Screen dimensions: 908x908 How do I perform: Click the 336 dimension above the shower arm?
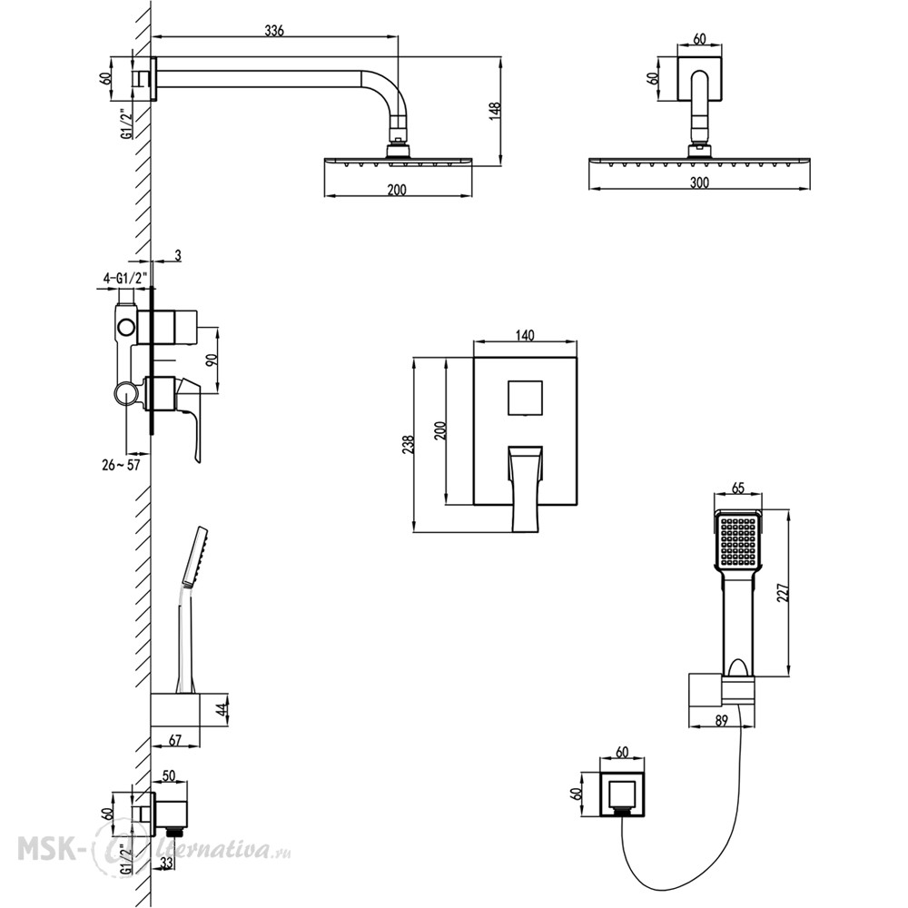pos(274,31)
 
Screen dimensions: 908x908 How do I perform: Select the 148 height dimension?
pos(496,111)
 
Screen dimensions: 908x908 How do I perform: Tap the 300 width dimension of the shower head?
pos(699,183)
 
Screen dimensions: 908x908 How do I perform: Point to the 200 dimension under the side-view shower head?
pos(397,190)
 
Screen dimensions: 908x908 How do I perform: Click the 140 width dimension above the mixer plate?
pos(524,335)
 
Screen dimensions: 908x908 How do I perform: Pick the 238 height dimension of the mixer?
pos(409,444)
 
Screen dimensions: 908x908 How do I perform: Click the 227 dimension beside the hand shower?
pos(783,592)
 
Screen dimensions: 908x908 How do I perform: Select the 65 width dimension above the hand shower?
pos(737,488)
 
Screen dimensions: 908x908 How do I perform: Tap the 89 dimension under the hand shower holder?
pos(721,720)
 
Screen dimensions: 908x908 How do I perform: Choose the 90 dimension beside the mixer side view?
pos(212,360)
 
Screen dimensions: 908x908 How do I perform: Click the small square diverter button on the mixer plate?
pos(525,398)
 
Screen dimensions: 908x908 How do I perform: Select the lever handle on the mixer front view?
pos(525,489)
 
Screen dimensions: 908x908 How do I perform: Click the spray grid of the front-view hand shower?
pos(737,541)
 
